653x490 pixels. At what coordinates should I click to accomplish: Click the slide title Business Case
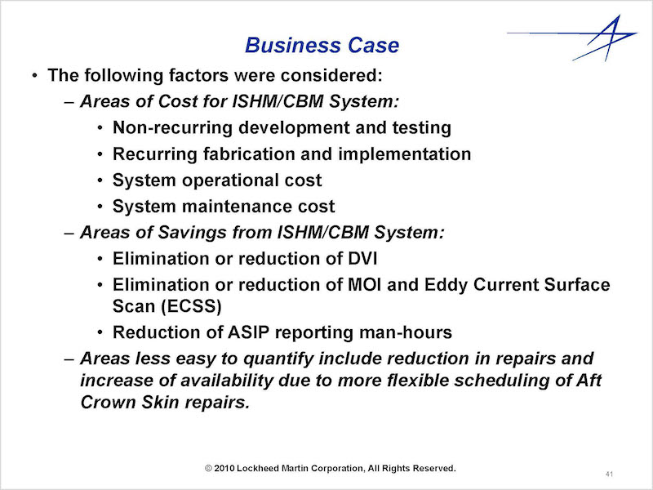(322, 45)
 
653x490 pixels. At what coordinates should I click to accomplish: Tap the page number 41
(609, 474)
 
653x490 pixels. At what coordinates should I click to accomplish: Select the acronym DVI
(362, 259)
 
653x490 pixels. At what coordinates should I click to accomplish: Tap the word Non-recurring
(172, 128)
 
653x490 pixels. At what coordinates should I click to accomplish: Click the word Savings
(192, 233)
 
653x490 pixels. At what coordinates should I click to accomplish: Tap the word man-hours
(406, 332)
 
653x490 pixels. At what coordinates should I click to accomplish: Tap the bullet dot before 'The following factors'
(34, 76)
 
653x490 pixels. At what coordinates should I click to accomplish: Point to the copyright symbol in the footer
(209, 468)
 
